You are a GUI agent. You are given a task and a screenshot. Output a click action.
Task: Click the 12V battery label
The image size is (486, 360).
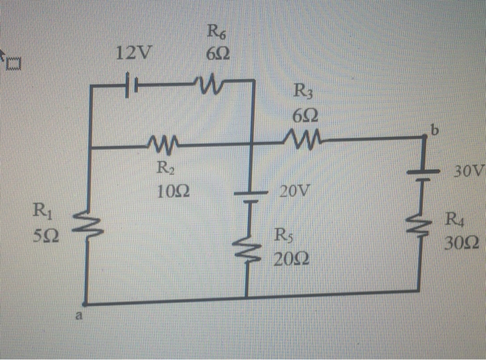click(x=136, y=53)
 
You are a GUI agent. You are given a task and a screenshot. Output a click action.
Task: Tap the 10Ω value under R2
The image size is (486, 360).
click(x=169, y=191)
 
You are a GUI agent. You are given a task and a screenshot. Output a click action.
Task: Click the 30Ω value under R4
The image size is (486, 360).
click(x=460, y=244)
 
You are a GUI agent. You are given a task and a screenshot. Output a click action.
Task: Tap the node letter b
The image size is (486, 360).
click(x=435, y=130)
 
